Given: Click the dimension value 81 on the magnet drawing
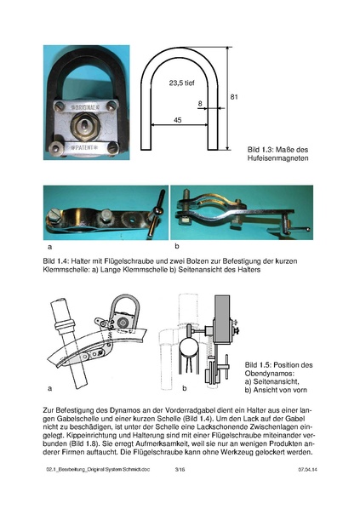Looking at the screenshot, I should tap(234, 98).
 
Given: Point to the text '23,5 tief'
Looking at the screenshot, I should tap(183, 83).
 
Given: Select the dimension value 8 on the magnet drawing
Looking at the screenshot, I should tap(201, 105).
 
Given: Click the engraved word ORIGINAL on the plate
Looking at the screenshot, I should tap(83, 109).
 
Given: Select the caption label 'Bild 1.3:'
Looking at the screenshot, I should tap(251, 149).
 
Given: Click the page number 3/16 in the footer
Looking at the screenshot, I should tap(180, 493).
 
